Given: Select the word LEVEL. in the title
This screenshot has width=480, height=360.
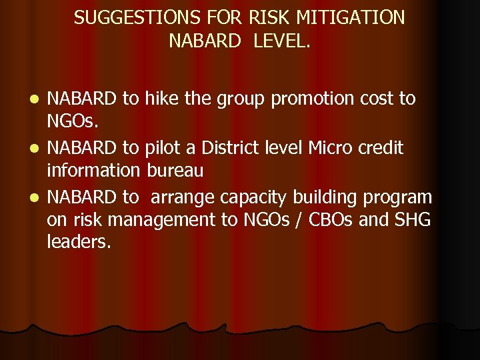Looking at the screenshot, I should coord(278,41).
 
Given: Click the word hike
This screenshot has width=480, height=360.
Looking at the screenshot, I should coord(161,99).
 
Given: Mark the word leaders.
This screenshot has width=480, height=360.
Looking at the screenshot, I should coord(79,243).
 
